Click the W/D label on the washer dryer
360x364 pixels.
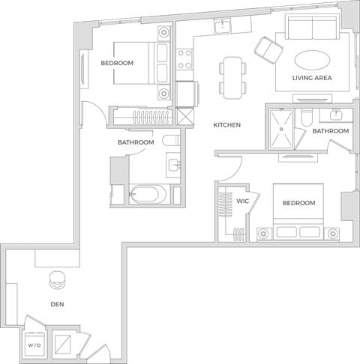click(34, 346)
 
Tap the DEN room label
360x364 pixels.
click(56, 304)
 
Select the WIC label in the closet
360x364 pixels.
click(242, 201)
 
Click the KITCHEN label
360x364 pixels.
click(226, 125)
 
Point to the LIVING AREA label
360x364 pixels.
click(313, 78)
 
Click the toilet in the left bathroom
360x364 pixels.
click(169, 140)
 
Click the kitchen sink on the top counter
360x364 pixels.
click(223, 28)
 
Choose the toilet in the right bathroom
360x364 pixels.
click(306, 118)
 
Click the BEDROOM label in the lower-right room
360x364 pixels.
click(298, 203)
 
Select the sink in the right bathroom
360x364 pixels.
click(336, 116)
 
